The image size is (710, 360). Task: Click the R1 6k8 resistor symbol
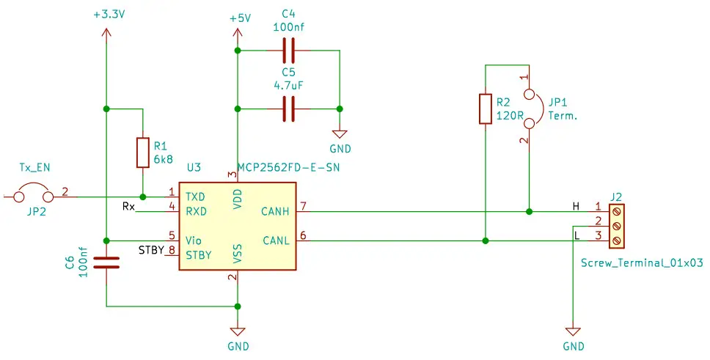[143, 153]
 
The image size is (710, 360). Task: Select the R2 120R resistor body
[485, 109]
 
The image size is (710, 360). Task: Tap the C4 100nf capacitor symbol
[289, 51]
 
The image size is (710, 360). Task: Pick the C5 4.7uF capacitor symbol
[289, 109]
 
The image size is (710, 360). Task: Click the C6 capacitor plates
[107, 262]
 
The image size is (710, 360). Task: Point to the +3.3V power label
[107, 14]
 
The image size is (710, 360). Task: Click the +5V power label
[239, 18]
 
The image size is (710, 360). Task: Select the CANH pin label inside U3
[276, 212]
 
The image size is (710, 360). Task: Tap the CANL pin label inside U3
[276, 240]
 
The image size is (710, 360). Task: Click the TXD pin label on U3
[196, 197]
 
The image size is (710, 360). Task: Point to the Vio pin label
[194, 240]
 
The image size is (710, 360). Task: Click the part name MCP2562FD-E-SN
[290, 168]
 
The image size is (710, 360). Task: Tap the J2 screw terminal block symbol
[617, 227]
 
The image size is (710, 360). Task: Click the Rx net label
[129, 207]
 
